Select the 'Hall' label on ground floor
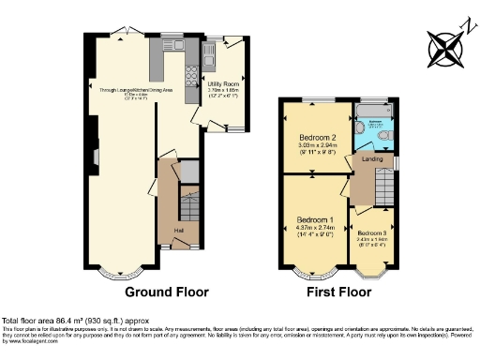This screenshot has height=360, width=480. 178,231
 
